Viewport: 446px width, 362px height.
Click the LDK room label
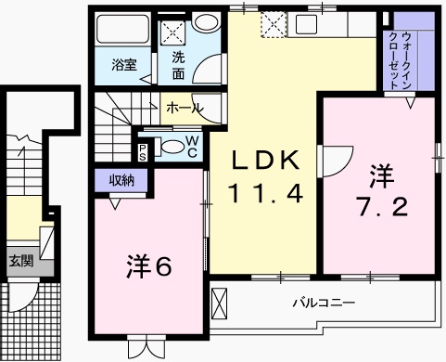266,160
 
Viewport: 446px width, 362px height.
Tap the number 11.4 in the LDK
265,193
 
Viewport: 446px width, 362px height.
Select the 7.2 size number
383,206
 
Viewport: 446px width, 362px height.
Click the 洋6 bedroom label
148,266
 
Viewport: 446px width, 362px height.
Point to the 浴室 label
124,65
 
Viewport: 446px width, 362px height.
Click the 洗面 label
178,66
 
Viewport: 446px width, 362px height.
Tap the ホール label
185,108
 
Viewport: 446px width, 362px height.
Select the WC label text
192,147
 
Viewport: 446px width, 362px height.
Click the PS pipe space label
142,153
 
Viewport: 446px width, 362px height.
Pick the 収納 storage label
121,180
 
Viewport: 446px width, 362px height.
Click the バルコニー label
324,303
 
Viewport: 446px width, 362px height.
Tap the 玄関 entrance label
20,262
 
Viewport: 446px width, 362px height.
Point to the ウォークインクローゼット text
401,60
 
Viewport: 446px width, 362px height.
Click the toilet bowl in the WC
172,147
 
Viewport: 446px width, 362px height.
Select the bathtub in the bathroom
122,30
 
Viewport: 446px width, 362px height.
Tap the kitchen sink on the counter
306,24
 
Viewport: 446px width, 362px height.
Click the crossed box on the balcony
220,304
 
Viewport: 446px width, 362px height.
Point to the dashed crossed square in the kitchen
274,24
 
